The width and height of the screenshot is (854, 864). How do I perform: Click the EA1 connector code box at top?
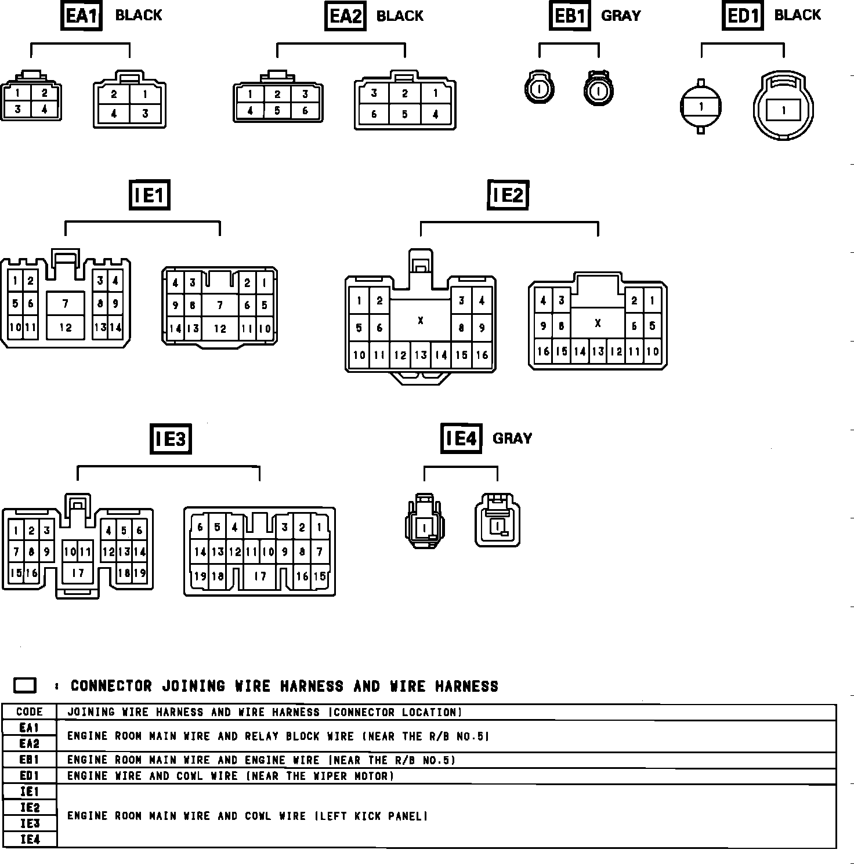coord(81,16)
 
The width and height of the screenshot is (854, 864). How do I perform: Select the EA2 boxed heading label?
coord(345,16)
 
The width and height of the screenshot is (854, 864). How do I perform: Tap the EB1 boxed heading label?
coord(570,16)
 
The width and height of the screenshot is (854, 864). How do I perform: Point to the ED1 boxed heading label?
coord(743,16)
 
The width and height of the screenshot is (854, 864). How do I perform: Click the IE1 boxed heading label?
coord(150,195)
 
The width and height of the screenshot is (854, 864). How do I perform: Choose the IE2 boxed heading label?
coord(508,195)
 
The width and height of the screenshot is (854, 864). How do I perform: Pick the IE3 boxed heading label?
coord(171,439)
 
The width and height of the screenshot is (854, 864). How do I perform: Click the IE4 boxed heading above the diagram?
coord(461,438)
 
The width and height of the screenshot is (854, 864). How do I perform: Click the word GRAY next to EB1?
coord(621,16)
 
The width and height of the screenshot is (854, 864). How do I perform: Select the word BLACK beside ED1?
coord(797,15)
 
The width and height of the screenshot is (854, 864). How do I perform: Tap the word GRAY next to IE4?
coord(512,438)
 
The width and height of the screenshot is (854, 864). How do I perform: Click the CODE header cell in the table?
coord(30,712)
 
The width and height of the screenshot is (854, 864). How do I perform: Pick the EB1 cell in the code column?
coord(30,760)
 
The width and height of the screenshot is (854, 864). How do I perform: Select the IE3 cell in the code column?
coord(30,823)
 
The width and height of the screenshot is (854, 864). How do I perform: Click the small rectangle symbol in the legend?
coord(25,685)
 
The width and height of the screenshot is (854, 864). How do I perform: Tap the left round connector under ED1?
coord(701,107)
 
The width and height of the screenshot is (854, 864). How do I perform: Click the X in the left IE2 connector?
coord(420,321)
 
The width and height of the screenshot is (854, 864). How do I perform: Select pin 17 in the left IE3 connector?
coord(78,573)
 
